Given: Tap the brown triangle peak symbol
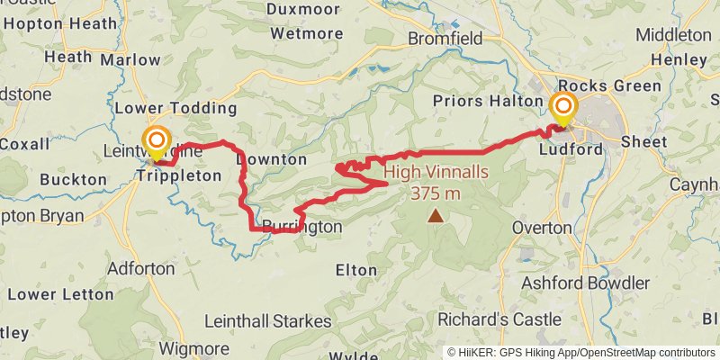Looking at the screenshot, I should [436, 214].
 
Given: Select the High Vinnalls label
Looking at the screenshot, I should [436, 174].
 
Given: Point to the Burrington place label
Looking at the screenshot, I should [302, 228].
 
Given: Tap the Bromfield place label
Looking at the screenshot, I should [445, 38].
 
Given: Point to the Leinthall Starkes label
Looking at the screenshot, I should [268, 320].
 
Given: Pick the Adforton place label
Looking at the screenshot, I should [140, 268].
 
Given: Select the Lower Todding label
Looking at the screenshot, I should [175, 109].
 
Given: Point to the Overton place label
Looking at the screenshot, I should [542, 228].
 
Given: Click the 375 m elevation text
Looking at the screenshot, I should [436, 193].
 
